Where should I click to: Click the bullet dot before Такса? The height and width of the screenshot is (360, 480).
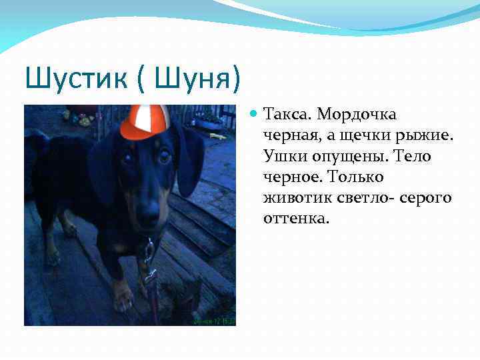(254, 115)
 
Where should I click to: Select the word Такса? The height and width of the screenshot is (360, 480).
(287, 114)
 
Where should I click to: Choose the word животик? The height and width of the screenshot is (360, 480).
(294, 198)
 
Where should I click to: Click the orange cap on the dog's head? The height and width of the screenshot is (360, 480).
(144, 121)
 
